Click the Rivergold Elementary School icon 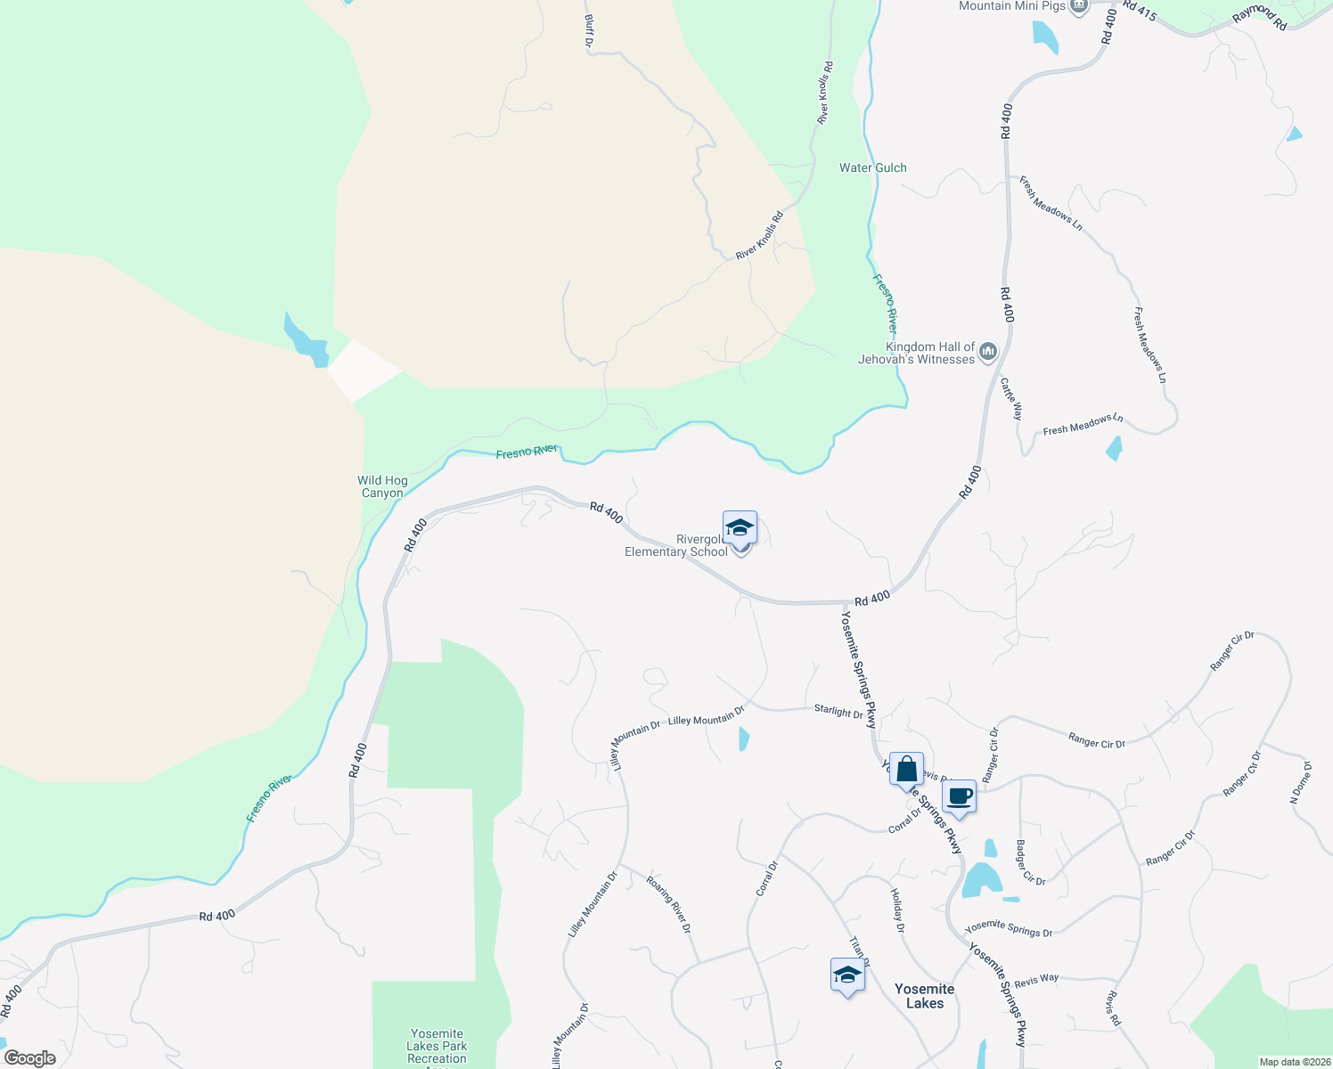(x=740, y=529)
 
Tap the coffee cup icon (x=960, y=796)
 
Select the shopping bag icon (x=906, y=770)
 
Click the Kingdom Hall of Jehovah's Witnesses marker (x=987, y=353)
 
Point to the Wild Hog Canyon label (x=383, y=486)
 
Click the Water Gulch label (x=872, y=167)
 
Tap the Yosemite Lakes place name (x=924, y=996)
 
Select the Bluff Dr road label (x=589, y=30)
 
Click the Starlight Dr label (x=838, y=711)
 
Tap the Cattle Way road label (x=1011, y=399)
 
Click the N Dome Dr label (x=1301, y=783)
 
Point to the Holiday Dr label (x=898, y=910)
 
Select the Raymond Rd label (x=1261, y=16)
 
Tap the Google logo (x=30, y=1058)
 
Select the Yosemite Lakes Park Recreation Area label (x=437, y=1047)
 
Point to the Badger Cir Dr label (x=1030, y=863)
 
